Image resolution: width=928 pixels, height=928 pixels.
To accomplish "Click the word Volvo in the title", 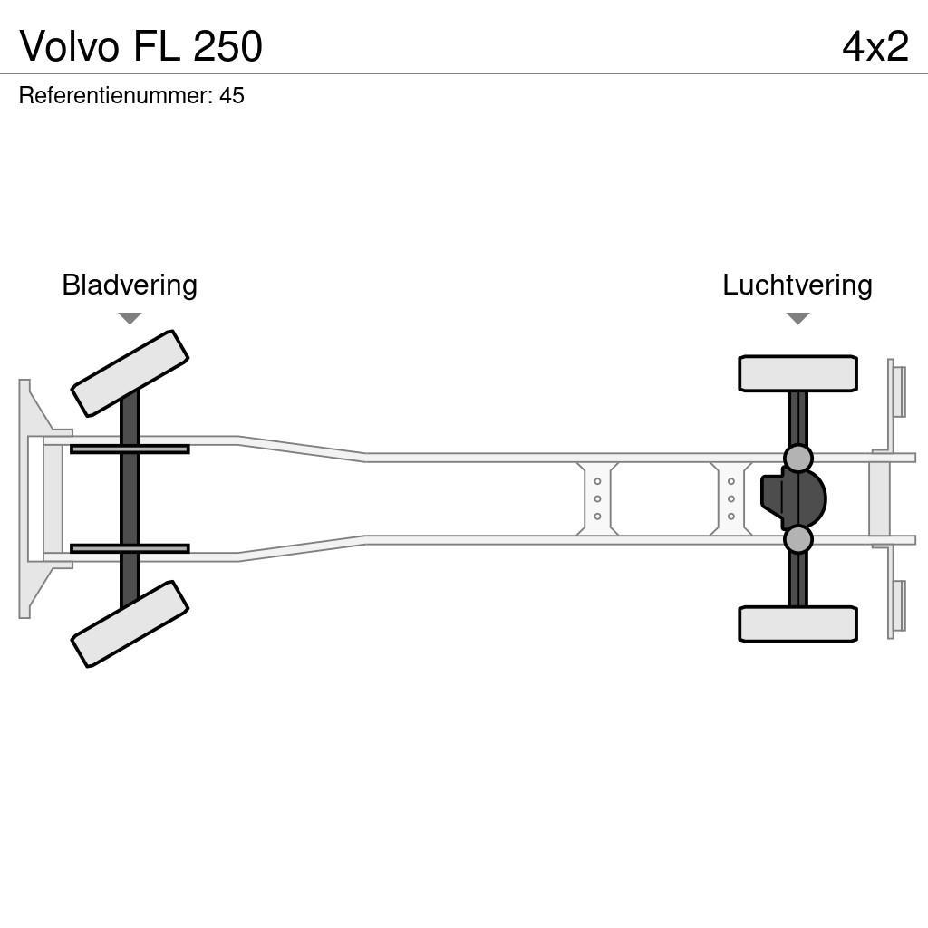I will click(70, 46).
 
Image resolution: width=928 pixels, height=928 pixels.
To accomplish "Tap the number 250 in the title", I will click(227, 46).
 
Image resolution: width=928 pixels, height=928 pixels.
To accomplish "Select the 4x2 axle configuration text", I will click(875, 46).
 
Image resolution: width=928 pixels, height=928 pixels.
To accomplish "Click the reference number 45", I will click(232, 95).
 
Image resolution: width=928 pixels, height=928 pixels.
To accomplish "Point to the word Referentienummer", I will click(115, 95).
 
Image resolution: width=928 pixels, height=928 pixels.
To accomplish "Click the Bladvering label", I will click(130, 285).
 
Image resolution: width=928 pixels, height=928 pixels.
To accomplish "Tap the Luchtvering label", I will click(797, 285).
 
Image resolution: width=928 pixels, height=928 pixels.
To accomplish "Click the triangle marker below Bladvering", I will click(130, 318).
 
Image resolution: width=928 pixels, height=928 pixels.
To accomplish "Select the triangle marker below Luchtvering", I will click(797, 318).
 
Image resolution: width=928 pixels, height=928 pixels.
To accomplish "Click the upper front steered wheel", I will click(130, 373).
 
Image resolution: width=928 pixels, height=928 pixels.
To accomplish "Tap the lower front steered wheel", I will click(130, 624).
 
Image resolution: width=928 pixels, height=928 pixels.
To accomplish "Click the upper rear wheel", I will click(797, 373).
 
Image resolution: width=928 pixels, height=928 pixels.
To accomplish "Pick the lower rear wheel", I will click(797, 624).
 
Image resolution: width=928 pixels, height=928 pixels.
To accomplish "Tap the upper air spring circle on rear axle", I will click(797, 458).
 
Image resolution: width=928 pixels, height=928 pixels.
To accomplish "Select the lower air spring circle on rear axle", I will click(797, 539).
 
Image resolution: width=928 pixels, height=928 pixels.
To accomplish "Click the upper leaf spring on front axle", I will click(130, 449).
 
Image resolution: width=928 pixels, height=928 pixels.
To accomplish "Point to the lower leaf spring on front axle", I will click(130, 548).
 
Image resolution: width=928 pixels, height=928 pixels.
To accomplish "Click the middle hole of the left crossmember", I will click(597, 498).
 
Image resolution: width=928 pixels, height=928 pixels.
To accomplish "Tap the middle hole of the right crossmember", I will click(730, 498).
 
